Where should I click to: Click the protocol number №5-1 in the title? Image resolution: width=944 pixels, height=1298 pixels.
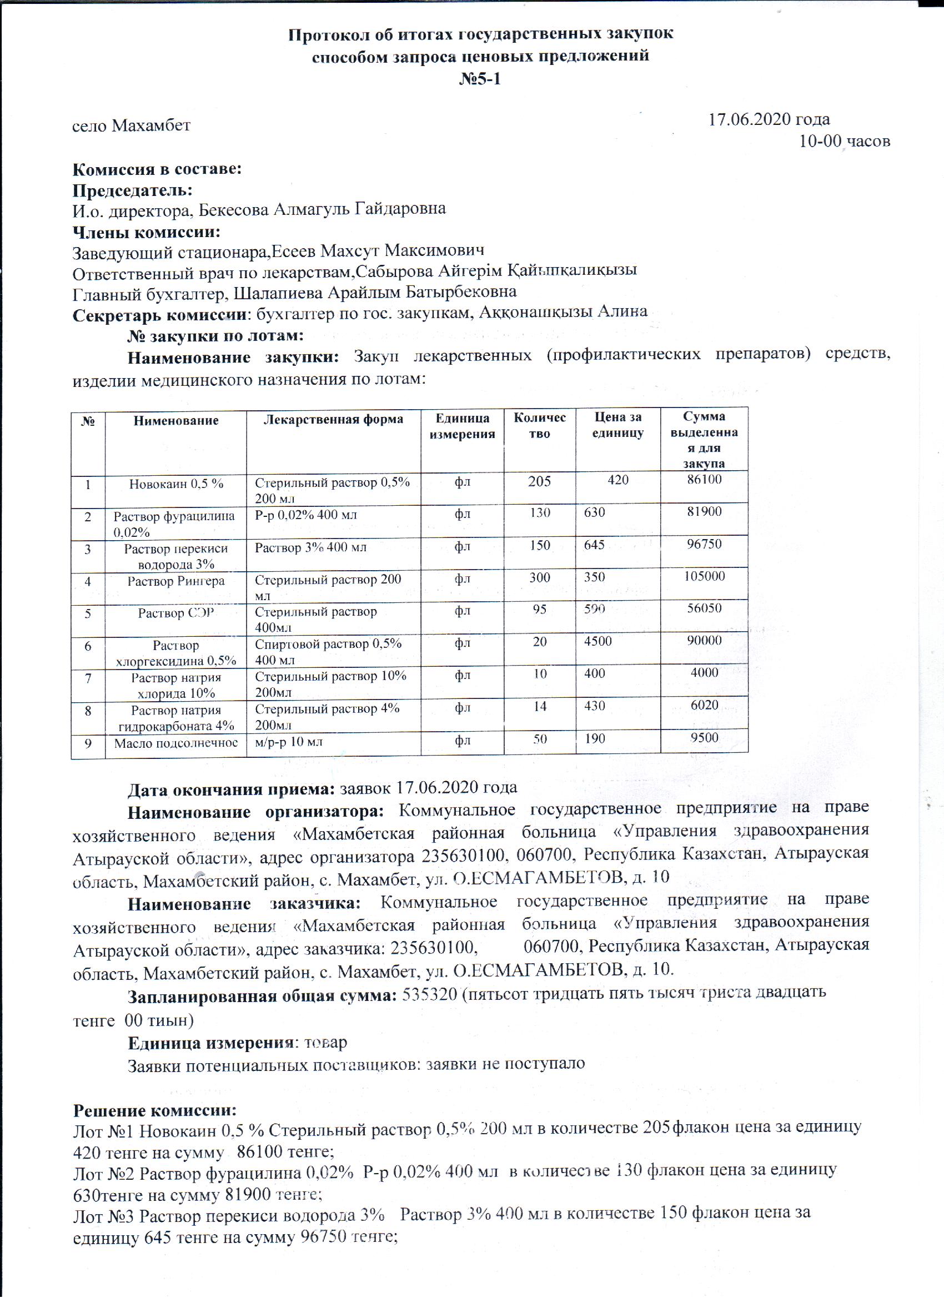pos(480,78)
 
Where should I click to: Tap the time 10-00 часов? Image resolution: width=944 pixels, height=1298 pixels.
pos(844,141)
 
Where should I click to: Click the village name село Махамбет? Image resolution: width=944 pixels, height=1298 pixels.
pos(131,125)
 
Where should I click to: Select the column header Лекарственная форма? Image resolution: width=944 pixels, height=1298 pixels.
pos(333,420)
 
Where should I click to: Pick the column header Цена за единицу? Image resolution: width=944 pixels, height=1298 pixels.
pos(617,425)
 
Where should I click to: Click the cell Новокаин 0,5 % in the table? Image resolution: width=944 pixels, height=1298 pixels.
pos(175,484)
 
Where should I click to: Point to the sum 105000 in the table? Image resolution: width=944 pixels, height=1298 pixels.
pos(704,576)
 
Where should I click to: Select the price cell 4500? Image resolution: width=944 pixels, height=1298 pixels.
pos(597,641)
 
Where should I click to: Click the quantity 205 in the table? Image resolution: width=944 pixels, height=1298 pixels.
pos(539,481)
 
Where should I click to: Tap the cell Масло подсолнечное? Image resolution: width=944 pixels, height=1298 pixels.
pos(175,743)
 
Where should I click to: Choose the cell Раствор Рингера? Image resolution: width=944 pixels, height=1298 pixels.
pos(175,581)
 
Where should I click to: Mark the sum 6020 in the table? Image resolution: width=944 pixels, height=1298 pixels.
pos(704,706)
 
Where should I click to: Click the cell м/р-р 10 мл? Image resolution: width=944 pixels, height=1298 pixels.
pos(289,742)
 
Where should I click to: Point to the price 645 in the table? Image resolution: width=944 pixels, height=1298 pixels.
pos(594,545)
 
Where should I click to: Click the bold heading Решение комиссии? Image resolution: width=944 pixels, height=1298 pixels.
pos(154,1111)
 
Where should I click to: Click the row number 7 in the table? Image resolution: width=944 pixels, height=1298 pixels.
pos(88,679)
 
